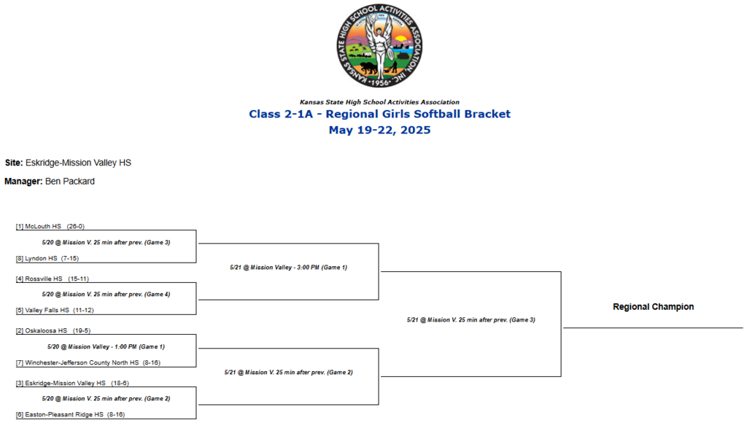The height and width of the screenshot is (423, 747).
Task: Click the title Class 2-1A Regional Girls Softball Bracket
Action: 379,114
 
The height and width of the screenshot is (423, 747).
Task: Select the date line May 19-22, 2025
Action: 379,131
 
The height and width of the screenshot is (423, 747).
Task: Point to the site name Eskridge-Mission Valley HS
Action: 78,163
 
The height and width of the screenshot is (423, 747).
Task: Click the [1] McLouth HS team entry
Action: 55,227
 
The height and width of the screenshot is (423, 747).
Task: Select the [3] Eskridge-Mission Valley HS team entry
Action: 74,383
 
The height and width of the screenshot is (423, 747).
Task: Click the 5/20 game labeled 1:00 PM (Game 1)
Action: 106,346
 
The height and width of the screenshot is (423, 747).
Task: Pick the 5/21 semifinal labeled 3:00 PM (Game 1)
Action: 288,268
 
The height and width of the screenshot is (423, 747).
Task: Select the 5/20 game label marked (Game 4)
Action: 106,295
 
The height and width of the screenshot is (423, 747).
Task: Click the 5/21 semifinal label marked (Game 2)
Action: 288,373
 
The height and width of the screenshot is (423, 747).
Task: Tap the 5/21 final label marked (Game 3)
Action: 471,320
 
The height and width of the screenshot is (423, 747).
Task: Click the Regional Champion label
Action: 653,307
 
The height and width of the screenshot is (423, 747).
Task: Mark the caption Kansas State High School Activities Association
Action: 379,102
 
